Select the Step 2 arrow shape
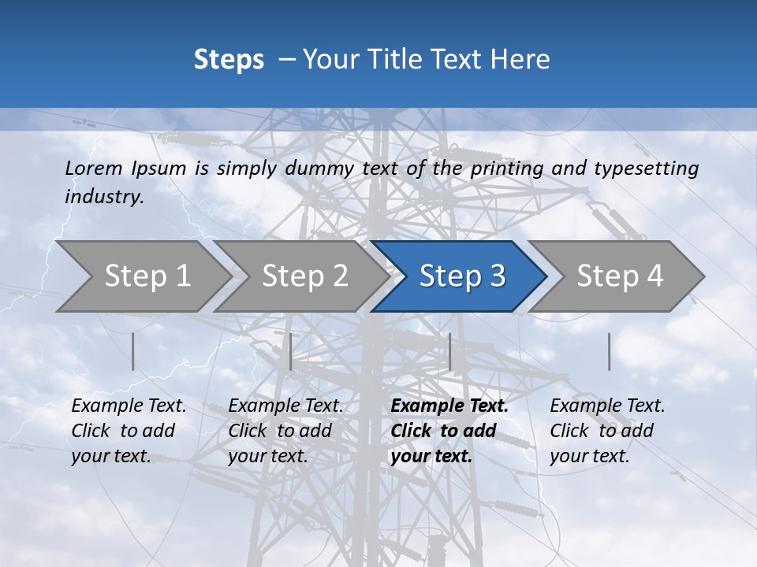click(304, 276)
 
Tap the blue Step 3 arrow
click(461, 276)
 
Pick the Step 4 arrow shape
click(619, 276)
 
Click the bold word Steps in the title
click(229, 59)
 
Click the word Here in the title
click(521, 59)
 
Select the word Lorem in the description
click(95, 168)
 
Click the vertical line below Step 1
click(133, 351)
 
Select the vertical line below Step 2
click(291, 351)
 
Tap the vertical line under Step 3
click(449, 351)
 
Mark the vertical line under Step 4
click(609, 351)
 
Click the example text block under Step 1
click(129, 431)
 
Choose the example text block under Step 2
click(285, 431)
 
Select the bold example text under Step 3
click(449, 431)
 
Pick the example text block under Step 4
click(607, 431)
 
